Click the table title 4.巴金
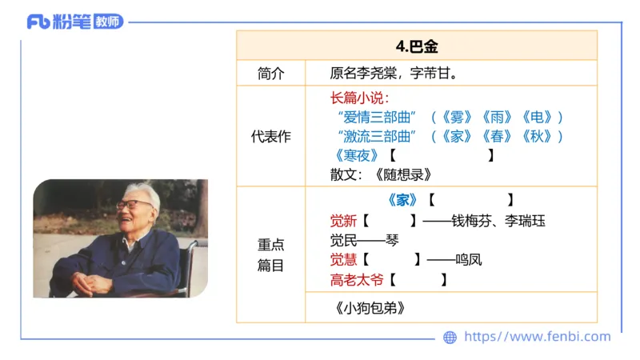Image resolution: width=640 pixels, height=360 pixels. pos(417,46)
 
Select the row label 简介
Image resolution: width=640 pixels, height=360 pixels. pos(270,73)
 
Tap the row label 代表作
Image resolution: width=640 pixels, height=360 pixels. pos(270,137)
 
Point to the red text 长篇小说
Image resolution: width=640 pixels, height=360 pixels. pos(358,98)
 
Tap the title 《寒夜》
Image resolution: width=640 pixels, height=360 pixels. pos(355,155)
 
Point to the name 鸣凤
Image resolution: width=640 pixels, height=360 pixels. pos(468,260)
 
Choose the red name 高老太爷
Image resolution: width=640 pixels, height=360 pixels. pos(357,280)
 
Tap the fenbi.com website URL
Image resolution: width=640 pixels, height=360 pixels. pos(537,337)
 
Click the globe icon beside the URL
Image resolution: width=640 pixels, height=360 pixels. pos(450,338)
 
